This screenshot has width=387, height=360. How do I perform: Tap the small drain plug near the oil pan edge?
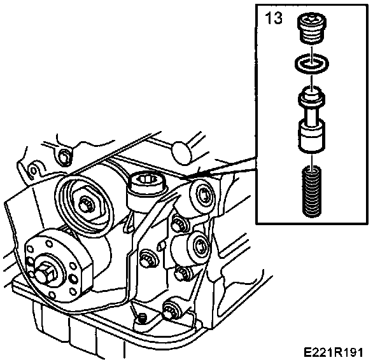(x=141, y=316)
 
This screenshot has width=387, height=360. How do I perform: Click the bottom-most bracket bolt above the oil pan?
(x=171, y=311)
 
